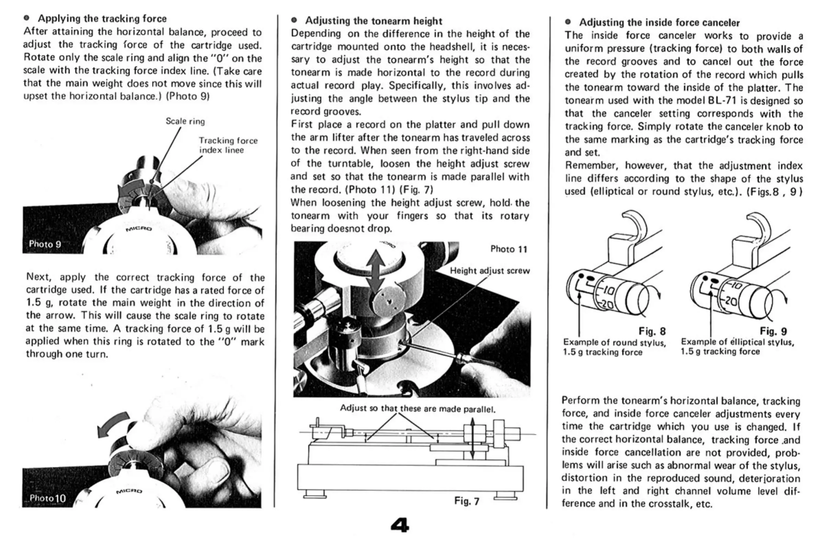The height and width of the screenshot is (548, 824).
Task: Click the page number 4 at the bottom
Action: click(x=400, y=525)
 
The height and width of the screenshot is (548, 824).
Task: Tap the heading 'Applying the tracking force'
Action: click(x=102, y=19)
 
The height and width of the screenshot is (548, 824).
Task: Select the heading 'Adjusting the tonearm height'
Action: click(x=373, y=21)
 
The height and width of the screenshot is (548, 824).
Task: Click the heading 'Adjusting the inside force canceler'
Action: click(x=659, y=23)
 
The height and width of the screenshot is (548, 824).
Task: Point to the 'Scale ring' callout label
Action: click(x=185, y=121)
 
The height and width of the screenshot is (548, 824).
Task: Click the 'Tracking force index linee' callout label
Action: click(x=228, y=145)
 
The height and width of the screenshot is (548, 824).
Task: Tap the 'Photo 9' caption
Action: click(x=45, y=244)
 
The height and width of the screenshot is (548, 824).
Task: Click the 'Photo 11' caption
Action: click(x=508, y=249)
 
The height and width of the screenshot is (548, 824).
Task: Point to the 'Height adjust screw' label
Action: click(x=490, y=271)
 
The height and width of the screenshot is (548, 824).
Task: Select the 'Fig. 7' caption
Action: click(x=467, y=501)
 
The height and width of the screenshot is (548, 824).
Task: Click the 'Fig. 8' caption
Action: click(x=652, y=331)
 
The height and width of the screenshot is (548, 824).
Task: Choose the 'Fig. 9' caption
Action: click(x=773, y=331)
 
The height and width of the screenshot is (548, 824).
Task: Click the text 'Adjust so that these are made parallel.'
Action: click(x=418, y=408)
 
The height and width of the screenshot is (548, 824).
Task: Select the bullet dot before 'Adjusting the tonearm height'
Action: click(x=294, y=20)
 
